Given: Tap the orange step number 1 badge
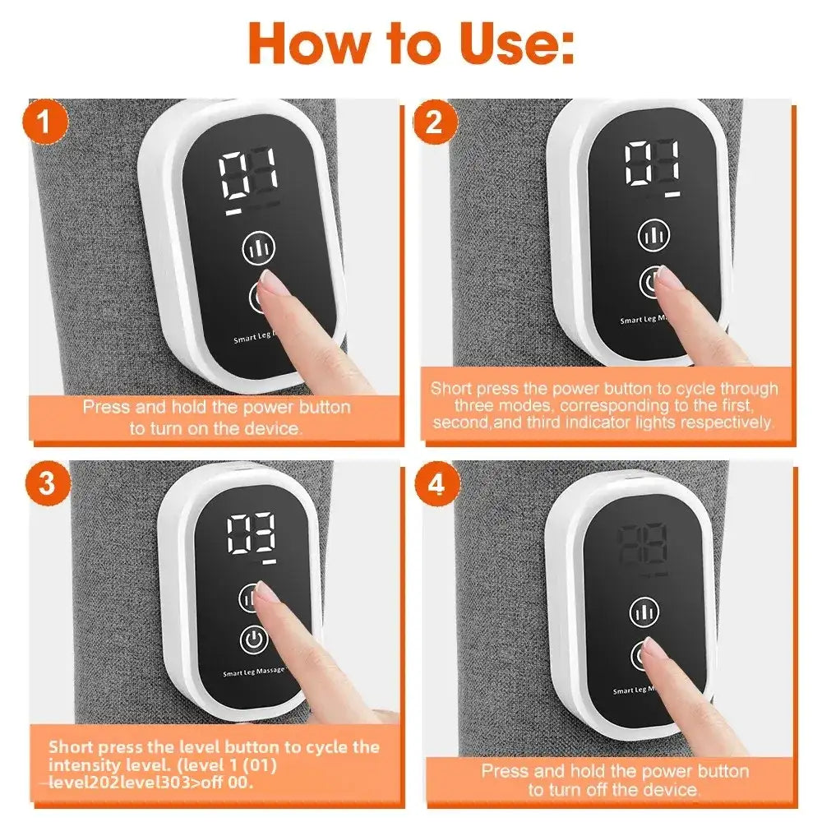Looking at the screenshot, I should point(50,124).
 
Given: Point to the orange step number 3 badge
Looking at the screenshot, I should point(48,484).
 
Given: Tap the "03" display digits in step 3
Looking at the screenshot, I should point(252,535).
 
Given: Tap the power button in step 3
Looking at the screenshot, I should point(253,639).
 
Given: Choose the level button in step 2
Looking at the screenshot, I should point(654,236).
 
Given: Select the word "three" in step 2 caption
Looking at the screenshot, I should point(473,406).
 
